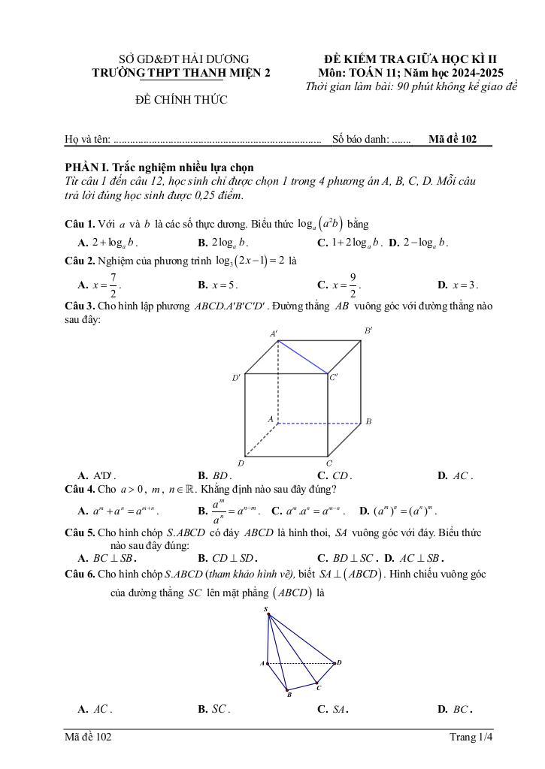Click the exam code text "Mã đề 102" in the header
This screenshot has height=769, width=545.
coord(453,139)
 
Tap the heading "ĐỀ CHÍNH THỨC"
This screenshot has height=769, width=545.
coord(181,100)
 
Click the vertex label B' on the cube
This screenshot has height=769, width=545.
coord(369,330)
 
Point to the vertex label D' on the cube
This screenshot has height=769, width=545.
coord(236,378)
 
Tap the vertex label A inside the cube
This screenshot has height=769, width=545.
coord(270,418)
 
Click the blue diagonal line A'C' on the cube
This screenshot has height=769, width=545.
coord(302,357)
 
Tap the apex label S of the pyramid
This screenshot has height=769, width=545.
coord(265,609)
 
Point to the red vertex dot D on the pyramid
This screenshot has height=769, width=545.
coord(335,662)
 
